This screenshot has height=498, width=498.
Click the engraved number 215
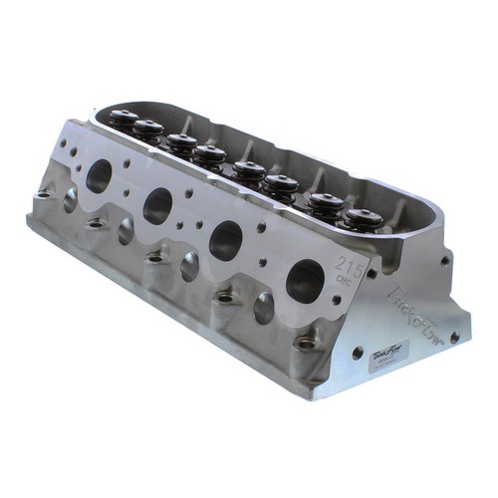(348, 266)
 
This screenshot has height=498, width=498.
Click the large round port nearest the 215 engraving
(304, 282)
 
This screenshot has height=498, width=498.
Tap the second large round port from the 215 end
(226, 240)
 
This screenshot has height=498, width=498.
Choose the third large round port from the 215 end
(157, 205)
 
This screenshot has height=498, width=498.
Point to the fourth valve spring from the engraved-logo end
(249, 172)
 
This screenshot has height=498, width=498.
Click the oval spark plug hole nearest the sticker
(265, 307)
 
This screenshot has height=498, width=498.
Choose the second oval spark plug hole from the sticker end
(190, 266)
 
